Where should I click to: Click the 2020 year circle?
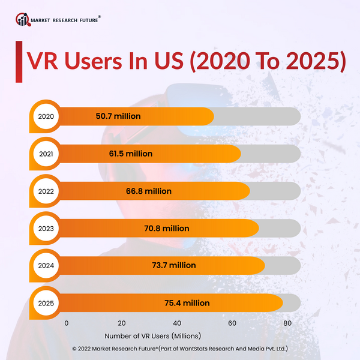click(x=46, y=116)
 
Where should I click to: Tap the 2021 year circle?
click(x=46, y=154)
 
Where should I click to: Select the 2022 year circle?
click(x=46, y=191)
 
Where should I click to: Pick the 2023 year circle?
click(x=46, y=229)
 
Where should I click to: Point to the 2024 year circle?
click(x=46, y=266)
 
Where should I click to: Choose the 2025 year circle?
click(x=46, y=303)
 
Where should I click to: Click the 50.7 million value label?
click(x=118, y=116)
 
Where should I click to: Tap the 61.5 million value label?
click(x=131, y=154)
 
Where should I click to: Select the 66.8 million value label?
click(x=149, y=191)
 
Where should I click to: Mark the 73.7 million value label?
click(x=174, y=266)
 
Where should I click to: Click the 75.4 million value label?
click(x=188, y=303)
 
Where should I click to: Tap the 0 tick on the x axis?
click(x=66, y=323)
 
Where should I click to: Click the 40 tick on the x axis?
click(x=177, y=323)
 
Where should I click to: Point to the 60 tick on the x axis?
click(x=232, y=323)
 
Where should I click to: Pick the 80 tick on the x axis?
click(x=287, y=323)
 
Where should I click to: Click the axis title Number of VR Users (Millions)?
click(x=152, y=336)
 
